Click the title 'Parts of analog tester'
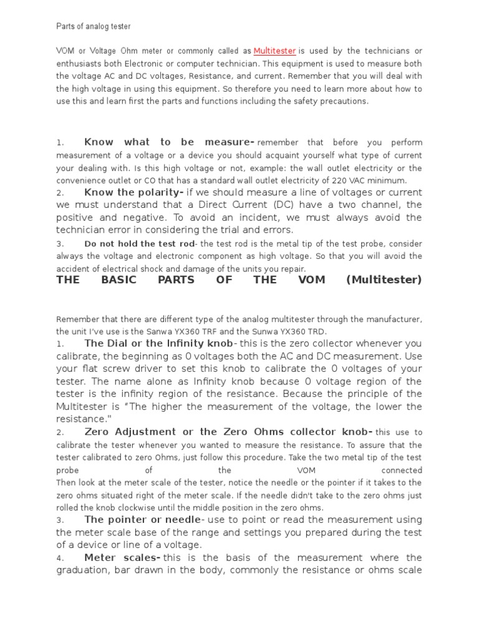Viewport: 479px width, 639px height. click(94, 26)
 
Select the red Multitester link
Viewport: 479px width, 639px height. click(274, 51)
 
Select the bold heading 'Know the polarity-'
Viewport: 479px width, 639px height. click(133, 192)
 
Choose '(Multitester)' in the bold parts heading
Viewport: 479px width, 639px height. click(384, 280)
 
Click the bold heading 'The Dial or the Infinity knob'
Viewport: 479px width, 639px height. click(158, 344)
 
